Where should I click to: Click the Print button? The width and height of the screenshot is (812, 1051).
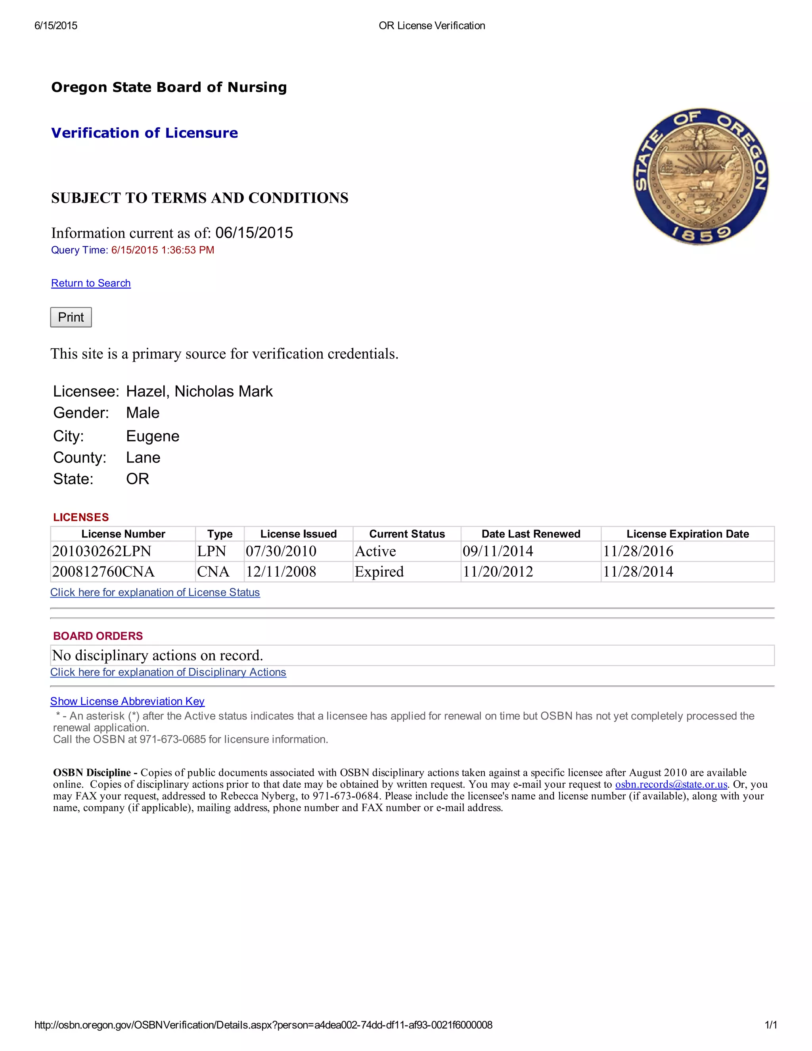(x=71, y=317)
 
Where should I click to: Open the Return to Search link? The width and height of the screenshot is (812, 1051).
(x=91, y=283)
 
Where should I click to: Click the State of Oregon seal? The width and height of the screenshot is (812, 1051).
(x=701, y=176)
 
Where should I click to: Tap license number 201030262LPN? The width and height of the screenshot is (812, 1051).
(x=101, y=551)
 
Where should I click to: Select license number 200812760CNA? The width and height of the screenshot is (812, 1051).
(x=103, y=572)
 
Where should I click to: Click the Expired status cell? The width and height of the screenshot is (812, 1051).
(x=379, y=572)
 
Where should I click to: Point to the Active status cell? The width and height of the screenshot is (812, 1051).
(x=375, y=551)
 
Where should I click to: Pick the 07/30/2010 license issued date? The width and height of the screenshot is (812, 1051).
(x=281, y=551)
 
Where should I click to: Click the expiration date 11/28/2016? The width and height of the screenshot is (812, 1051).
(x=638, y=551)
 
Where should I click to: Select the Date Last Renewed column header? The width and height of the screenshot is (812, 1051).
(x=530, y=534)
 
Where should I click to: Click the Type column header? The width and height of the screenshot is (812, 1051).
(x=220, y=534)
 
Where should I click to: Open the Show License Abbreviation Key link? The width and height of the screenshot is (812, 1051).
(x=128, y=701)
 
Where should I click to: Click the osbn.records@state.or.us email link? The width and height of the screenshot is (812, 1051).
(x=671, y=784)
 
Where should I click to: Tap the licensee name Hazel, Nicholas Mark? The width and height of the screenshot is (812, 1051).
(x=199, y=391)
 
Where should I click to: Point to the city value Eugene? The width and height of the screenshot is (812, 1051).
(x=153, y=436)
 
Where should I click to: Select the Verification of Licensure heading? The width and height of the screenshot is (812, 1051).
(x=144, y=133)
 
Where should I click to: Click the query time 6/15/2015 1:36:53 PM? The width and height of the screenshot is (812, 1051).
(x=163, y=250)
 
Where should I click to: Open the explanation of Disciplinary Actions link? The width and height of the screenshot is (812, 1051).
(x=168, y=672)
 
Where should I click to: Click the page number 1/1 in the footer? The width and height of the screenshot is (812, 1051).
(x=771, y=1025)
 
